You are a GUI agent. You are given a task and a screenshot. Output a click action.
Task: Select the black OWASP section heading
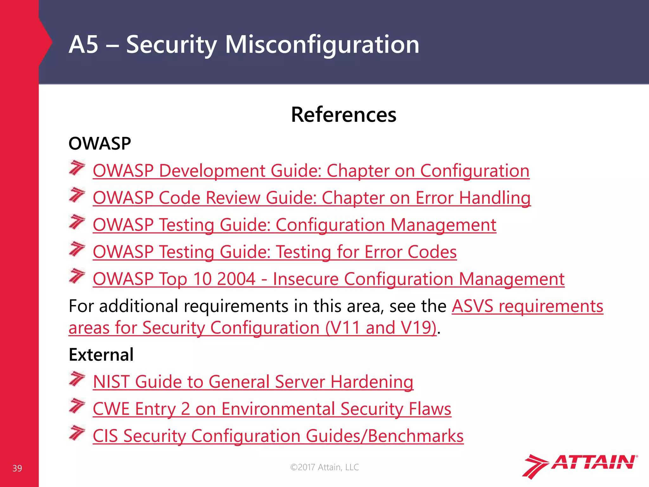pyautogui.click(x=100, y=143)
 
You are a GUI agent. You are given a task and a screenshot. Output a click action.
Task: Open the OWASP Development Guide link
pyautogui.click(x=311, y=171)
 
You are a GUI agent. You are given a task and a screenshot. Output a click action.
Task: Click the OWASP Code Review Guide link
pyautogui.click(x=312, y=198)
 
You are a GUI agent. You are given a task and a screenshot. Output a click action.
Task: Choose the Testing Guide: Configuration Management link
pyautogui.click(x=294, y=225)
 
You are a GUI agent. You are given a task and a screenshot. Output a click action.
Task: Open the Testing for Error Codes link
pyautogui.click(x=274, y=252)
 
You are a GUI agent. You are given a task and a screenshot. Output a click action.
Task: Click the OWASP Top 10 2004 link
pyautogui.click(x=328, y=279)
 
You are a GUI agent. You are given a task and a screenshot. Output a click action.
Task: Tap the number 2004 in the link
pyautogui.click(x=236, y=279)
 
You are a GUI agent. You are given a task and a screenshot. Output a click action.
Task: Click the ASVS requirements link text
pyautogui.click(x=527, y=306)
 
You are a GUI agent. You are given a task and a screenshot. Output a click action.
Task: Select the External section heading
pyautogui.click(x=101, y=354)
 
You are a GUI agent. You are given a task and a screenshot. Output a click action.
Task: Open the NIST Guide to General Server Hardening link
pyautogui.click(x=253, y=382)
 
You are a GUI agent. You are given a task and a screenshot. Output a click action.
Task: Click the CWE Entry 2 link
pyautogui.click(x=272, y=409)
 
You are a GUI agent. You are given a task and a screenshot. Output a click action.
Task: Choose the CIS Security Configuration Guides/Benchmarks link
pyautogui.click(x=278, y=436)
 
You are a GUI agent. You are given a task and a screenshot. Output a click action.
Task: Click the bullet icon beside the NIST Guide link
pyautogui.click(x=77, y=379)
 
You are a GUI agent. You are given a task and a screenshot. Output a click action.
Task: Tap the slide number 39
pyautogui.click(x=17, y=468)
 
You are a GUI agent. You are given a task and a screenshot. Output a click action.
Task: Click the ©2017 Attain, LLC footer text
pyautogui.click(x=324, y=467)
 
